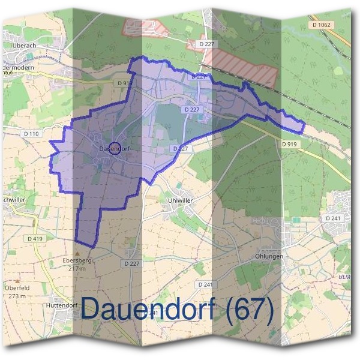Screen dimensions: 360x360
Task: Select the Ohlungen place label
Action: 268,256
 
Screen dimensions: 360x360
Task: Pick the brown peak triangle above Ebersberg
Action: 76,253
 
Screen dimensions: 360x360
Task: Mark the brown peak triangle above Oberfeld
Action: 17,280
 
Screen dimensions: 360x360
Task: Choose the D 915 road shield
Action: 125,82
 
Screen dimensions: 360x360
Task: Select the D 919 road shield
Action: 289,144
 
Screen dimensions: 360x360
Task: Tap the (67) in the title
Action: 249,308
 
